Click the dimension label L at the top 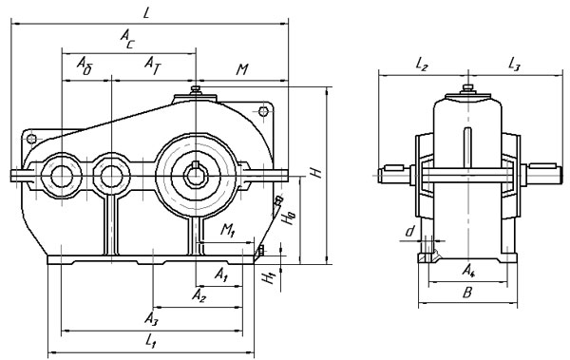tap(146, 13)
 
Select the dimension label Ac tap(127, 39)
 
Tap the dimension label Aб tap(85, 66)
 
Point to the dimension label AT tap(152, 66)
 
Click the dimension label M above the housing tap(241, 69)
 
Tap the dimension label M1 tap(228, 230)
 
